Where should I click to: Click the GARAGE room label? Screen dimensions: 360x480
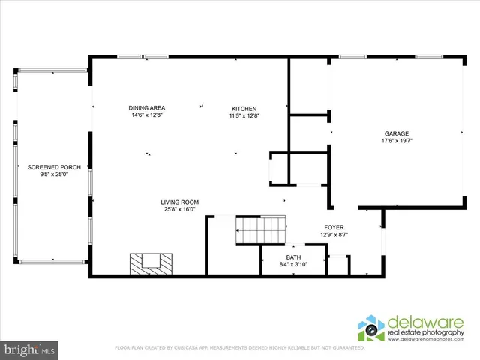(x=397, y=133)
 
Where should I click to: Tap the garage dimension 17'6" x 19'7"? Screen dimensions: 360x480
(x=397, y=140)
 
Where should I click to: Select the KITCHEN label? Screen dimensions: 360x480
(x=244, y=109)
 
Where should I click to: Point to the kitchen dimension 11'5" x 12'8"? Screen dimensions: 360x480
(x=244, y=115)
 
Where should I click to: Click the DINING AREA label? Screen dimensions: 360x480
(x=146, y=109)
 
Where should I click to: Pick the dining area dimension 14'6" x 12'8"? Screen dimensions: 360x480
(x=146, y=115)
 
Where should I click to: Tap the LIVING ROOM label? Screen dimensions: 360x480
(x=179, y=202)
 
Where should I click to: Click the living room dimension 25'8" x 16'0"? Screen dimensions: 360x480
(x=179, y=209)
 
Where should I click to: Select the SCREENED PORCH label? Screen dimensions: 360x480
(x=49, y=166)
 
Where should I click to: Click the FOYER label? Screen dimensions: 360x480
(x=334, y=227)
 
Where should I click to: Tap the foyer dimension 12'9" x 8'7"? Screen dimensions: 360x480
(x=334, y=235)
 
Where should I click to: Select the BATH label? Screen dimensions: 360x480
(x=292, y=256)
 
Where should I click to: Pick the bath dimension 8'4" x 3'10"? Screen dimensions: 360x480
(x=292, y=263)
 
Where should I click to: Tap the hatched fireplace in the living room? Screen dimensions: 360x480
(x=151, y=262)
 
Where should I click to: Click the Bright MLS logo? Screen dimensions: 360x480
(x=30, y=349)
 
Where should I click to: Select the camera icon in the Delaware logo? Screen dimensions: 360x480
(x=370, y=328)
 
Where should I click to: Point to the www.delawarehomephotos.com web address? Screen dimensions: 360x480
(x=430, y=340)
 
